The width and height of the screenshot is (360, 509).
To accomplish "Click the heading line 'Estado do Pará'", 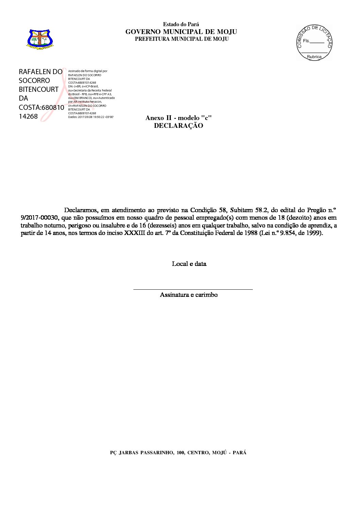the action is tap(181, 24).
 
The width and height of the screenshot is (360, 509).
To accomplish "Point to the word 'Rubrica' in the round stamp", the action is tap(314, 57).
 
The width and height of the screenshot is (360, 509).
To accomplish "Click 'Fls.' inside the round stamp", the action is tap(306, 41).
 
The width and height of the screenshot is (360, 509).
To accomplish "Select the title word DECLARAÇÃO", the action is tap(178, 126).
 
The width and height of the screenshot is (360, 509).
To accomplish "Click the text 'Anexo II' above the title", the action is tap(159, 118).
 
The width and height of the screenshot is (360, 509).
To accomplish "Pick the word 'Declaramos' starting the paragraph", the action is tap(81, 210).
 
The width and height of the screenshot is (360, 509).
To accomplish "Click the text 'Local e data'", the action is tap(189, 264).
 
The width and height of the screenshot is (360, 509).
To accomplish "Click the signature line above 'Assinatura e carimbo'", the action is tap(193, 289).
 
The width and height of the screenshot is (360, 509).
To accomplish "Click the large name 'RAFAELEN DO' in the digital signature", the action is tap(40, 72).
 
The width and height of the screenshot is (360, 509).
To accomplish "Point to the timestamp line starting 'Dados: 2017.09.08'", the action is tap(91, 117).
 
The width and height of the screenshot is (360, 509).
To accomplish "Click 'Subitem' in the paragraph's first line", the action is tap(241, 210).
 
